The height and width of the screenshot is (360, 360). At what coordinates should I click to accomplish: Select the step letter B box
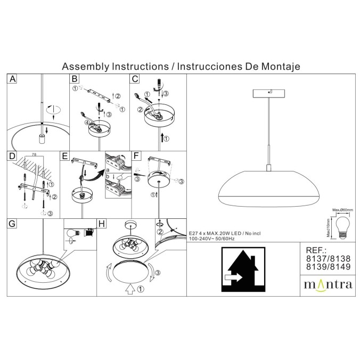click(75, 79)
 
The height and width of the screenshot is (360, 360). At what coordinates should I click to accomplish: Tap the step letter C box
click(135, 79)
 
